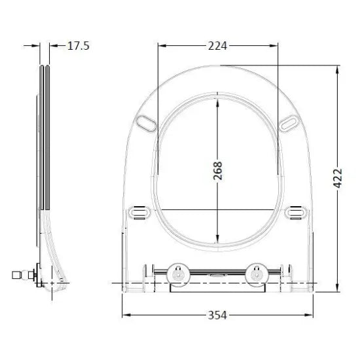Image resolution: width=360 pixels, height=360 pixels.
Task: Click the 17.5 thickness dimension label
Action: coord(79,46)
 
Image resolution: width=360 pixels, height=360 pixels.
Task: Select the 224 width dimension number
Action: coord(217,46)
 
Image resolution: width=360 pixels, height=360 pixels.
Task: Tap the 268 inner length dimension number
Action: coord(218,171)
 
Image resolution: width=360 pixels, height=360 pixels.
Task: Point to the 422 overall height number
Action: coord(338,179)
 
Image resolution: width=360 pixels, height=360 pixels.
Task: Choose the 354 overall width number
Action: coord(217,315)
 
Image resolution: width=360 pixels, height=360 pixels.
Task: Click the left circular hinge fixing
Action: coord(178,275)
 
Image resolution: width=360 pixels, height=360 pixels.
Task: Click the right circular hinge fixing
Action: coord(257,275)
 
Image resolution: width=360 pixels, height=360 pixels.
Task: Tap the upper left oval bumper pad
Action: coord(146,124)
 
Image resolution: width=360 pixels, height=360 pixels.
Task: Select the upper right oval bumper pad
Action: coord(289,124)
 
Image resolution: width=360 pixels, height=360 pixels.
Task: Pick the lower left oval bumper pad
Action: coord(139,212)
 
